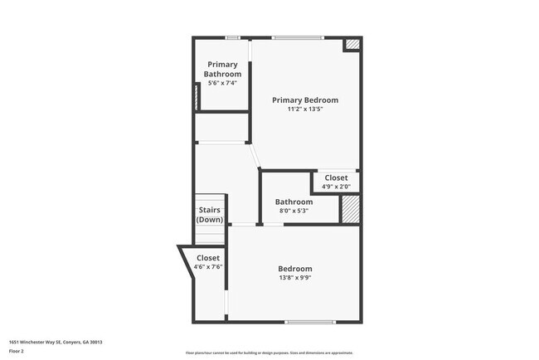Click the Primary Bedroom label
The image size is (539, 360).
click(x=305, y=100)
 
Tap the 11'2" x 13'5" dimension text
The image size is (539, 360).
click(x=305, y=109)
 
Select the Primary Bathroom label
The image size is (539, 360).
click(x=222, y=70)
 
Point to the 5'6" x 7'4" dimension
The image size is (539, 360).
click(x=222, y=83)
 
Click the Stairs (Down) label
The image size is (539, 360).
click(x=210, y=216)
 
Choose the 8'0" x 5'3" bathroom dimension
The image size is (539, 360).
click(x=294, y=211)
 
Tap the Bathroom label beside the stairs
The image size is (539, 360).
click(x=294, y=202)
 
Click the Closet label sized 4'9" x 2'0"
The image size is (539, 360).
click(x=336, y=178)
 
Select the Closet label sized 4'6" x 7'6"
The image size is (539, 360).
click(x=208, y=258)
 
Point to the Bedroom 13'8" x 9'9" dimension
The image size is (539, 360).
click(x=294, y=279)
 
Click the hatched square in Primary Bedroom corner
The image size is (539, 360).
click(x=352, y=45)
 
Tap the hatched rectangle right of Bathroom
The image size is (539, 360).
click(x=351, y=208)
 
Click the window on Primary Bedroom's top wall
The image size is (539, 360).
click(x=299, y=37)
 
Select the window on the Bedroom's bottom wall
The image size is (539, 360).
click(x=310, y=322)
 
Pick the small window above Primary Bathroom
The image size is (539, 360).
click(x=233, y=37)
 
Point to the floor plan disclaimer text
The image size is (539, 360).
click(x=269, y=352)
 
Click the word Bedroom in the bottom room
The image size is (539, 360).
click(x=294, y=269)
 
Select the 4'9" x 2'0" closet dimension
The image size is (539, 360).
click(x=336, y=187)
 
